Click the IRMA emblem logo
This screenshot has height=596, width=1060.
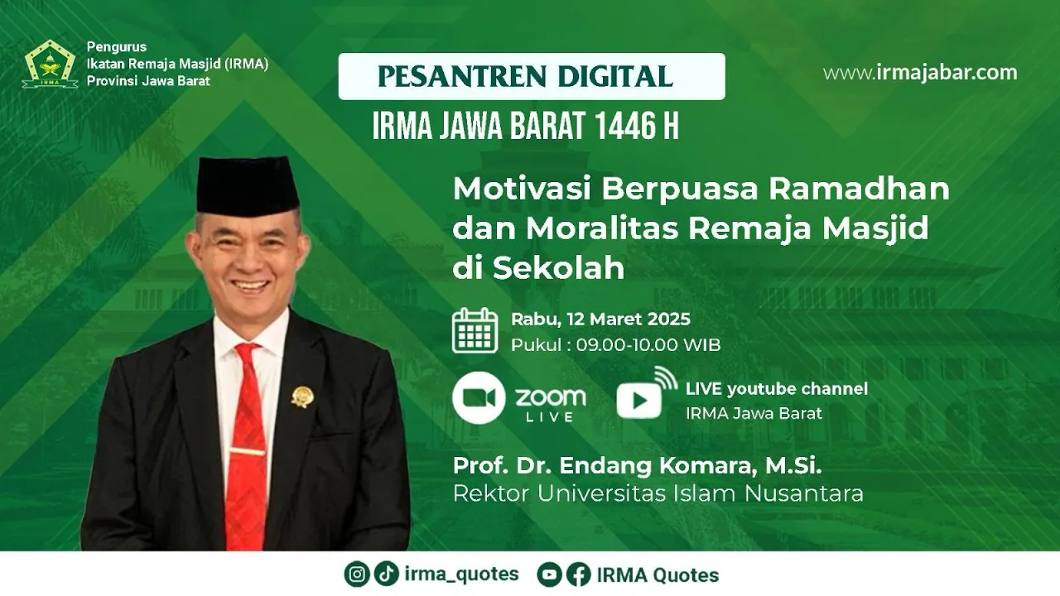point(50,64)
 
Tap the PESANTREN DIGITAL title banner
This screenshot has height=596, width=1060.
point(532,76)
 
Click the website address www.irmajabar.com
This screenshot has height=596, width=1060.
point(920,72)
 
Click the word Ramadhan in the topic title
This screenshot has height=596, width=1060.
point(859,188)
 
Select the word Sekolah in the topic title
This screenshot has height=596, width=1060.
point(558,267)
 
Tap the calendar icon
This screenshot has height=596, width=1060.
point(475,330)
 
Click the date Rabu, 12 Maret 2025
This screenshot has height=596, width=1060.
point(600,320)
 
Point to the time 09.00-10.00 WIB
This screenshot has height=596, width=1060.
point(648,345)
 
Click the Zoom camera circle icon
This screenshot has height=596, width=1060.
point(479,398)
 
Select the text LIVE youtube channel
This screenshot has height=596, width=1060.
point(777,389)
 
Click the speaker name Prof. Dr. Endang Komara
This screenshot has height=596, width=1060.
point(602,466)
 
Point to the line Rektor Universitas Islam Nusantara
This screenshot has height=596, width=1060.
point(658,493)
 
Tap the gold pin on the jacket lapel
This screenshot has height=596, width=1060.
point(302,397)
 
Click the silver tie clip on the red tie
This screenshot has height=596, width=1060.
point(247,451)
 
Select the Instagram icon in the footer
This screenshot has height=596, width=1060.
point(357,574)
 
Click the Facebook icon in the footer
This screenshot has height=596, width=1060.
point(579,574)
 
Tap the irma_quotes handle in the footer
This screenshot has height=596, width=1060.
point(461,574)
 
